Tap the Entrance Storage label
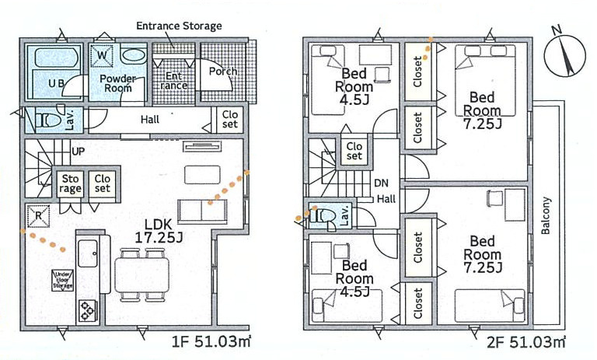tap(179, 26)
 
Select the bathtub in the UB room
tap(53, 57)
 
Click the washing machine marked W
tap(102, 56)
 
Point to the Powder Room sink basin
tap(134, 55)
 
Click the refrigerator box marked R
tap(38, 216)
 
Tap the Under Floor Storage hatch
tap(62, 281)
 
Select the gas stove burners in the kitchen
tap(88, 309)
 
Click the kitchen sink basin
tap(88, 253)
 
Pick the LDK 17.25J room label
tap(159, 231)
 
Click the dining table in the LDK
tap(141, 274)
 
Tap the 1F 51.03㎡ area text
tap(211, 341)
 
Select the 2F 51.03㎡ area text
tap(525, 341)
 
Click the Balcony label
tap(546, 215)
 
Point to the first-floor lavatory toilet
tap(49, 120)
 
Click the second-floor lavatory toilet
tap(322, 216)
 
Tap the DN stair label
tap(381, 183)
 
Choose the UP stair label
tap(78, 152)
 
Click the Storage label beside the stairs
tap(71, 183)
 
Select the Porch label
tap(222, 72)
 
